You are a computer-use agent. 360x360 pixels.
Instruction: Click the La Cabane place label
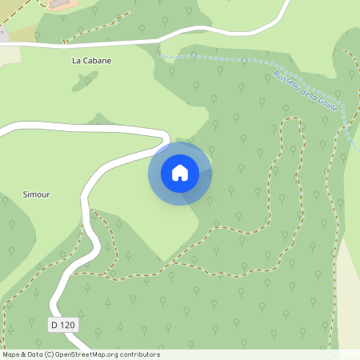click(x=91, y=60)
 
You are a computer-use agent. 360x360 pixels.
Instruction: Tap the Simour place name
click(x=38, y=194)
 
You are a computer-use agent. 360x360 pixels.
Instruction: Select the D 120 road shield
click(x=64, y=325)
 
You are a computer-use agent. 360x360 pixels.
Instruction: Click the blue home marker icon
click(x=180, y=173)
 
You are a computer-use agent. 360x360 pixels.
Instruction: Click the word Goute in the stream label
click(x=327, y=103)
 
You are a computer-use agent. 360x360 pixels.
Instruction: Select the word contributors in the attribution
click(x=140, y=354)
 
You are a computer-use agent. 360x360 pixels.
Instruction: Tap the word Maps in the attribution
click(x=11, y=354)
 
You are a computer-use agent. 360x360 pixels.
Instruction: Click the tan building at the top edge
click(x=59, y=4)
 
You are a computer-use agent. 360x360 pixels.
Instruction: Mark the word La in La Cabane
click(x=77, y=60)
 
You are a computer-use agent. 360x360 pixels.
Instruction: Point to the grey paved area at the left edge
click(x=2, y=34)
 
